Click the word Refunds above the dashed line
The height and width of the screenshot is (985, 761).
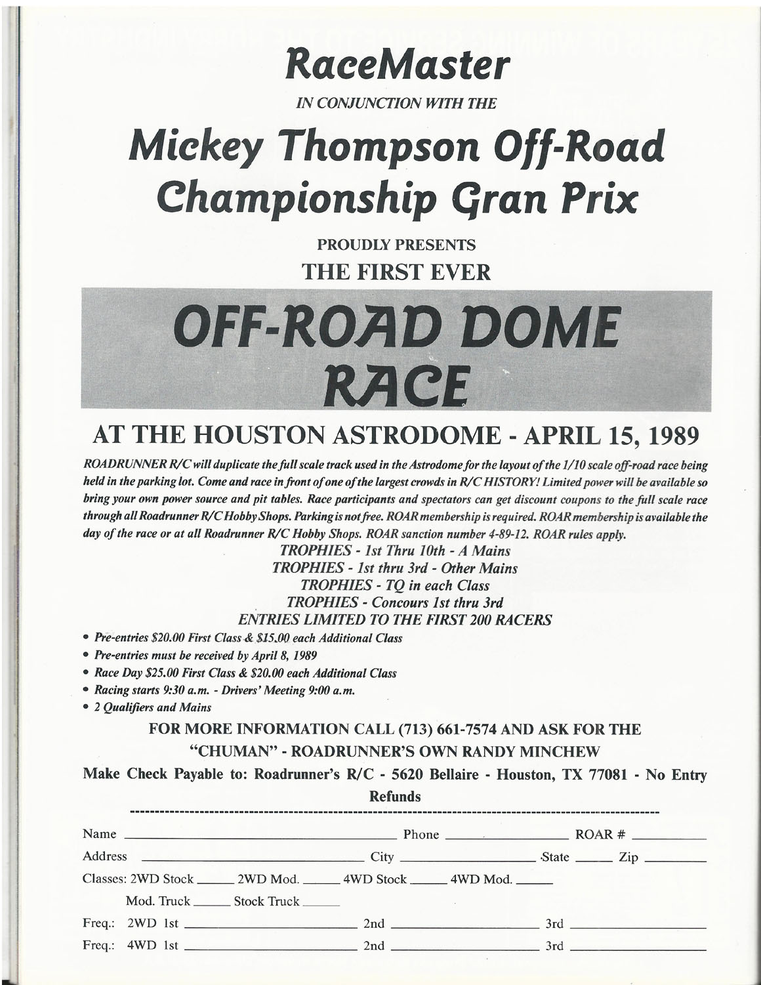click(395, 797)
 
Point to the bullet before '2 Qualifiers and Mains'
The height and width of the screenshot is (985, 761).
click(87, 708)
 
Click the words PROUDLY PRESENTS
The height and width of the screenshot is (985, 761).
click(396, 246)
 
